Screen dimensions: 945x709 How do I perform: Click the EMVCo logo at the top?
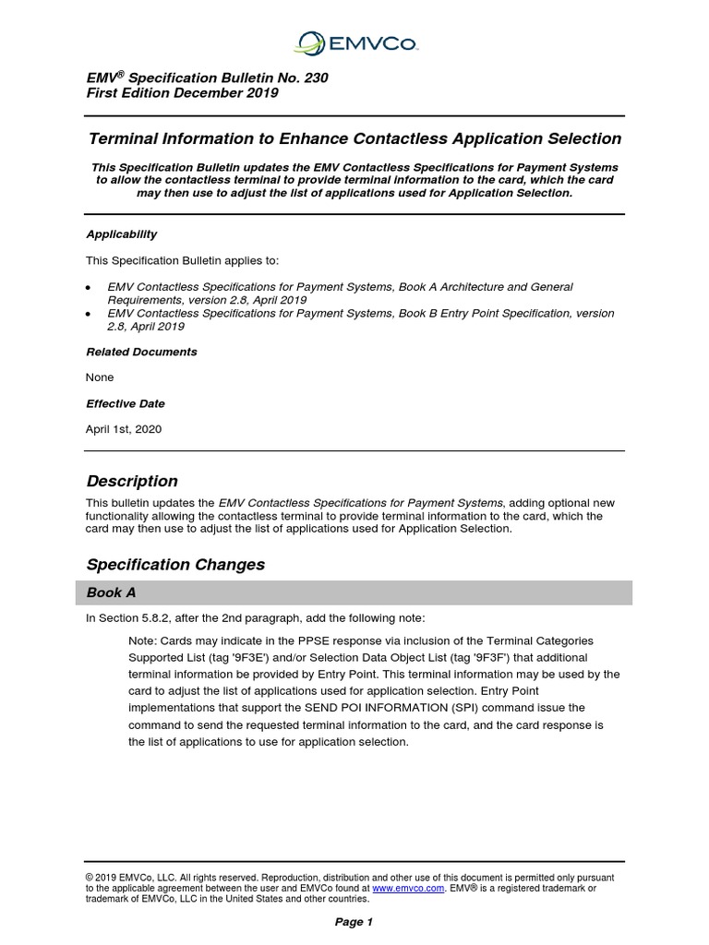coord(354,42)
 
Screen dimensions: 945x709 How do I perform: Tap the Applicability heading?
coord(121,234)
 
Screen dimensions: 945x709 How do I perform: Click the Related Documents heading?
coord(141,352)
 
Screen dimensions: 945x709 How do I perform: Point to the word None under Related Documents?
coord(100,377)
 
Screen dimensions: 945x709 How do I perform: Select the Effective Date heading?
coord(126,403)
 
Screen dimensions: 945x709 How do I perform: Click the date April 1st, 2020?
coord(124,429)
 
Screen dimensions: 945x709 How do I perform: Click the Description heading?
coord(132,481)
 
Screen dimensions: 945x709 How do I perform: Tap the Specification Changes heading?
coord(175,564)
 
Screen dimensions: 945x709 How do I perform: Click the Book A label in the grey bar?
coord(112,592)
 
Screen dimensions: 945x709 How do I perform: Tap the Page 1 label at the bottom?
coord(354,922)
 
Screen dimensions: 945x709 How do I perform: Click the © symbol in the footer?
coord(90,878)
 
